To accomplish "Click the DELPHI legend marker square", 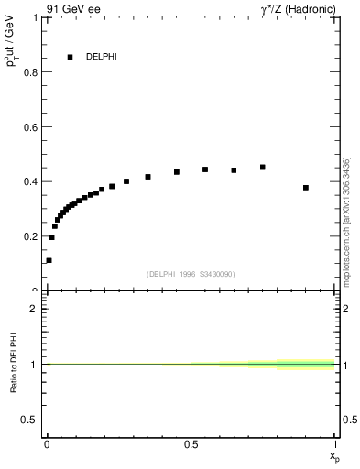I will click(70, 57).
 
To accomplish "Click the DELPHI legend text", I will click(102, 57).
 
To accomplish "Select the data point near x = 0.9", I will click(306, 188).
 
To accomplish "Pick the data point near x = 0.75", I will click(263, 168).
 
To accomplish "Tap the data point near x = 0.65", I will click(234, 170).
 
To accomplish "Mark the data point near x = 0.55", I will click(205, 169).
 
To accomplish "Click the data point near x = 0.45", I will click(177, 172).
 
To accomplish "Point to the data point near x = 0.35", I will click(147, 177).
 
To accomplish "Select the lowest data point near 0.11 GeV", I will click(49, 260).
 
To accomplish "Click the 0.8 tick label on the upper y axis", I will click(33, 72).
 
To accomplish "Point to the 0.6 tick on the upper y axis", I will click(33, 126).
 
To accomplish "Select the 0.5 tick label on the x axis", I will click(191, 444).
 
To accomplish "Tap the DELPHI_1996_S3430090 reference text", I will click(191, 274).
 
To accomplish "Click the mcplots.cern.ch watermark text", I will click(347, 221).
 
